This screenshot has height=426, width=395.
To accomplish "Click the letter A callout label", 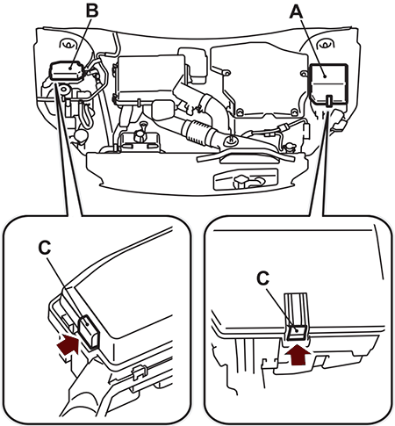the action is click(296, 13).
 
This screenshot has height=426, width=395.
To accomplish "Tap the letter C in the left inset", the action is click(45, 249).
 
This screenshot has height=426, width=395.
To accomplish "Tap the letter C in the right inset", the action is click(263, 278).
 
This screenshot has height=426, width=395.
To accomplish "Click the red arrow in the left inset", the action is click(68, 345).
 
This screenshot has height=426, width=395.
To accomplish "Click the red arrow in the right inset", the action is click(298, 355).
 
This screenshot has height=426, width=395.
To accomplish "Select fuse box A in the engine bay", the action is click(329, 84).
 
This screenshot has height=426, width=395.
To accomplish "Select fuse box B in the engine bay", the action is click(68, 70).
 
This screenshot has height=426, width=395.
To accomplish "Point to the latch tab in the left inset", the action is click(89, 332).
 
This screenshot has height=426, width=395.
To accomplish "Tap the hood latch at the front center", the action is click(245, 180).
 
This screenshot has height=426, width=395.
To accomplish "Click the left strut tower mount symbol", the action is click(68, 44).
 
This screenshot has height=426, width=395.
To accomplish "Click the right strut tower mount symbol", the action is click(325, 44).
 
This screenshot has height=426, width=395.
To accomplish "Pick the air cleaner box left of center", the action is click(149, 80).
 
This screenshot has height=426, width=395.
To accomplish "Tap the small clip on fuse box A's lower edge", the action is click(329, 100).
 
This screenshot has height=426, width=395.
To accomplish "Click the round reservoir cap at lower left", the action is click(81, 135).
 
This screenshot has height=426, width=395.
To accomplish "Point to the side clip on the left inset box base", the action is click(139, 372).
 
